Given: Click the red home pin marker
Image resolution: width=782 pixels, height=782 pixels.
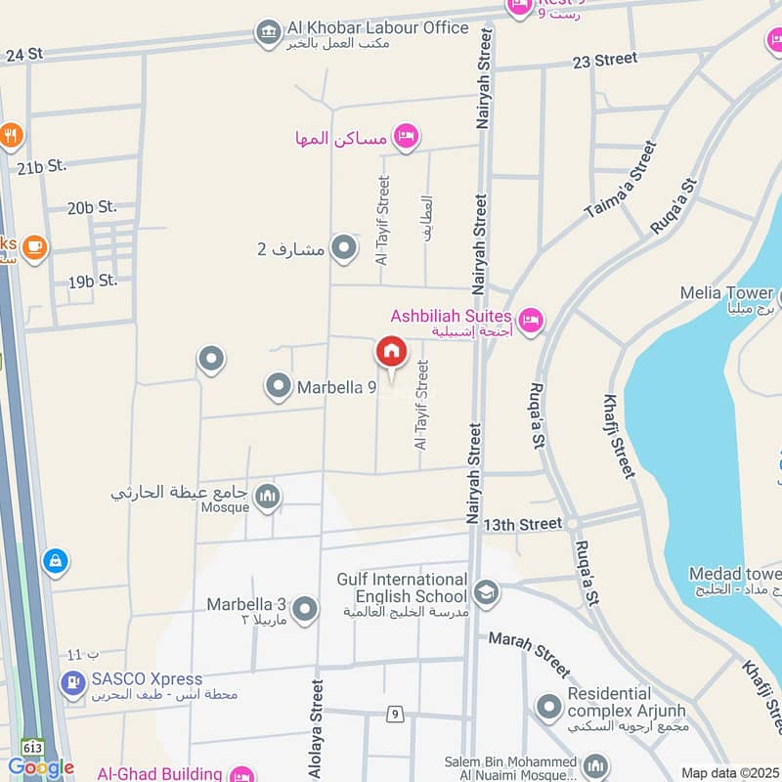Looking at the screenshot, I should click(x=391, y=352).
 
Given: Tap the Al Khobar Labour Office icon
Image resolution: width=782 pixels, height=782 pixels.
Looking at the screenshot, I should click(x=267, y=32).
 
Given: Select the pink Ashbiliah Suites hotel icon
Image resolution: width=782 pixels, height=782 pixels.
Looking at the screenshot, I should click(x=530, y=319).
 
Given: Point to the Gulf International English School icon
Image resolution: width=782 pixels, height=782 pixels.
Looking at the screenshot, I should click(x=485, y=592).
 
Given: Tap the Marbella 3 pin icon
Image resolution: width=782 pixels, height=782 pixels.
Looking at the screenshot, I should click(x=305, y=609).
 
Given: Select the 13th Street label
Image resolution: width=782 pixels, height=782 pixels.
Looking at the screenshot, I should click(x=527, y=525).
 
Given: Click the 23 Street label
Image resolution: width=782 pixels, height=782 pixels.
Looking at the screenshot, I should click(x=605, y=60).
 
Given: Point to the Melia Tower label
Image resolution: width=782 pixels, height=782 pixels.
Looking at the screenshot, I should click(x=728, y=293).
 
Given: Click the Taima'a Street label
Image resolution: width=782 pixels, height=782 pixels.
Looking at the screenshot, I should click(x=620, y=179).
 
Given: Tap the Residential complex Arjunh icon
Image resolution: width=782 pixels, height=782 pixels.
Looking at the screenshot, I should click(x=548, y=704).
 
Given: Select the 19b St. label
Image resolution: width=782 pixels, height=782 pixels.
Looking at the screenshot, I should click(x=92, y=281).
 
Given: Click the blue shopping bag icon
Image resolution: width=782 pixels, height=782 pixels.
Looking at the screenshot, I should click(x=56, y=562).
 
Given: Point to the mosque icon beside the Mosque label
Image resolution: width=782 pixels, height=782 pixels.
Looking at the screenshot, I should click(x=267, y=500).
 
